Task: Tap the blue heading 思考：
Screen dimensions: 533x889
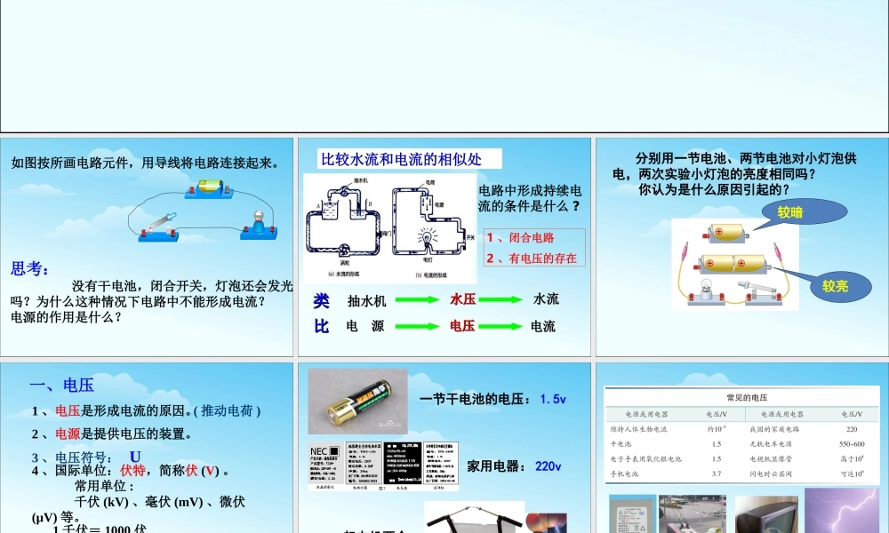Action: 30,269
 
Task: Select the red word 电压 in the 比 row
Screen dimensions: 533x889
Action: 462,326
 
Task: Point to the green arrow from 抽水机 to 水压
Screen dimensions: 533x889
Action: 416,300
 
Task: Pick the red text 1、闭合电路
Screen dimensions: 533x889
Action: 520,237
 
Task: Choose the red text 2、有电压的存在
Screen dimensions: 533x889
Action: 531,259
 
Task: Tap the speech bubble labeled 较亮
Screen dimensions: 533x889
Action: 836,285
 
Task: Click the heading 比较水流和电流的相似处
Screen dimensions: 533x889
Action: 400,159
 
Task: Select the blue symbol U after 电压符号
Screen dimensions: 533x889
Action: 135,457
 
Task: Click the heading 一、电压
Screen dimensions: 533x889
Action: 61,385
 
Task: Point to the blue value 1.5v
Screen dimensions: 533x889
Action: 553,400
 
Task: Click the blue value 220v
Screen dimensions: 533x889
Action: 548,465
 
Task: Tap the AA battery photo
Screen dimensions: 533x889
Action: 357,402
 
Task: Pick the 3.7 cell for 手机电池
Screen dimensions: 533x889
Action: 716,474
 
